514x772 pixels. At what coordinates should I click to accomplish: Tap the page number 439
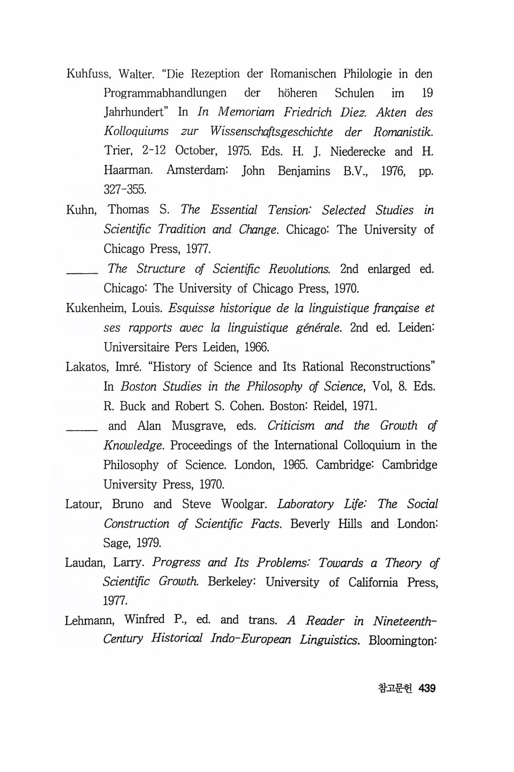pyautogui.click(x=427, y=688)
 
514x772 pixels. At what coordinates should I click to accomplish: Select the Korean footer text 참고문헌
pyautogui.click(x=395, y=688)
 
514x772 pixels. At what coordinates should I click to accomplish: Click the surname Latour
pyautogui.click(x=83, y=504)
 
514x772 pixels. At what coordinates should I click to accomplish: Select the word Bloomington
pyautogui.click(x=402, y=641)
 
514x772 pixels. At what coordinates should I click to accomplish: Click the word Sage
pyautogui.click(x=117, y=543)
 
